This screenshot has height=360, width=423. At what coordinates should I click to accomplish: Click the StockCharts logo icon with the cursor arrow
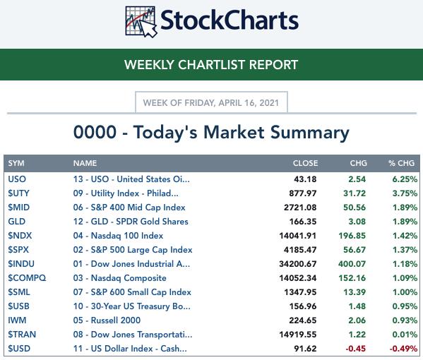(x=141, y=22)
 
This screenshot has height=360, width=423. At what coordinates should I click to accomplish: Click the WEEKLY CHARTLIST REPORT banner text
(x=211, y=65)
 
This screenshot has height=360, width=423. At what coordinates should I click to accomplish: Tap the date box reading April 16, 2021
(x=211, y=102)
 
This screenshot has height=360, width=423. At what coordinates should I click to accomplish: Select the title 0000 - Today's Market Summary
(x=211, y=133)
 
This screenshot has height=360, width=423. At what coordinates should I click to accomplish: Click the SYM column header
(x=16, y=163)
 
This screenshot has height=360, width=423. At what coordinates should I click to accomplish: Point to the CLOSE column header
(x=305, y=163)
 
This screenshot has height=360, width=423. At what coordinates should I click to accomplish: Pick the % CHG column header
(x=401, y=163)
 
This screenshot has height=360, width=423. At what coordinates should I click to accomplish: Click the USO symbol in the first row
(x=17, y=179)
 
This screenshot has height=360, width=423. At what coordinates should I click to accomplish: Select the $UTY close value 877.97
(x=303, y=193)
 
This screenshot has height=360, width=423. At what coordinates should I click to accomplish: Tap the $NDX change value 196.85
(x=352, y=236)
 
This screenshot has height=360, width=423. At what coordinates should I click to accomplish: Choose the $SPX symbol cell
(x=18, y=250)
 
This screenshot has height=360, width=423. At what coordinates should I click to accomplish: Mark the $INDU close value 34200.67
(x=298, y=264)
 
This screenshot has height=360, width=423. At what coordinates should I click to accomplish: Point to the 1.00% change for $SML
(x=405, y=292)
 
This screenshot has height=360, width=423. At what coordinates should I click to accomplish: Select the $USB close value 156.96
(x=303, y=306)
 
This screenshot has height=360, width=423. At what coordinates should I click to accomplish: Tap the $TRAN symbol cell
(x=22, y=335)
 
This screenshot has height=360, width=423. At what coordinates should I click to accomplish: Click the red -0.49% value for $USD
(x=403, y=349)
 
